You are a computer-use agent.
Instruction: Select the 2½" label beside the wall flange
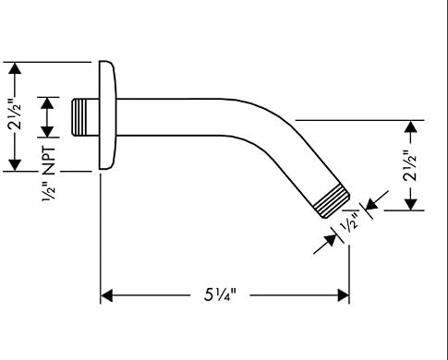(x=14, y=117)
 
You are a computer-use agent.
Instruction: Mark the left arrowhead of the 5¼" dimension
(x=106, y=296)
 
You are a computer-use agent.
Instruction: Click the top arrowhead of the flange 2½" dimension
(x=14, y=67)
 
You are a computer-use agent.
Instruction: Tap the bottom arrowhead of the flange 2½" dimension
(x=14, y=165)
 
